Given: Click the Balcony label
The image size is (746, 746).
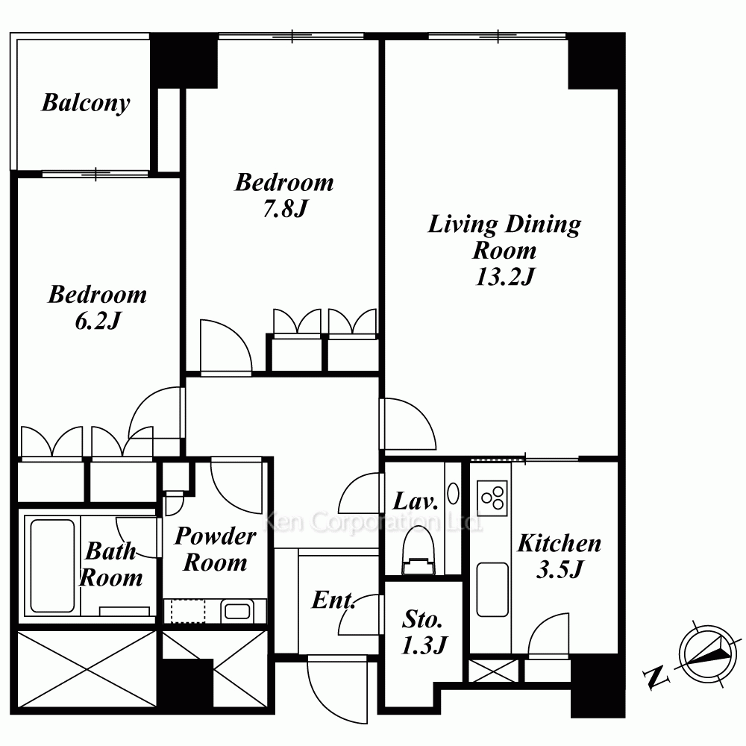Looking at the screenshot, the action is click(86, 103).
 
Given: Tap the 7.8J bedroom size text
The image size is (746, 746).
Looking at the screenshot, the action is click(285, 208).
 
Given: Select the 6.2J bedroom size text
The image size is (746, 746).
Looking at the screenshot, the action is click(98, 321).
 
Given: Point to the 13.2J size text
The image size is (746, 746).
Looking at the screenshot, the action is click(505, 277).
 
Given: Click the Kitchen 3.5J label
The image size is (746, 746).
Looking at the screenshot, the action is click(559, 556).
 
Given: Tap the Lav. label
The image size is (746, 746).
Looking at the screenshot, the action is click(416, 501).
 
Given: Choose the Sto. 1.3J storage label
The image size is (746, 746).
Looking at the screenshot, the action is click(424, 633).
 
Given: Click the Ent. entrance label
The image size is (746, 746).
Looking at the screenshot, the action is click(333, 600).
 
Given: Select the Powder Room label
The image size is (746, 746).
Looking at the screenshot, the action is click(216, 549).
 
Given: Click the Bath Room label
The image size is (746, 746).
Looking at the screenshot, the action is click(111, 565).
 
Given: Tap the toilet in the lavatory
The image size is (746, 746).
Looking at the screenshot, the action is click(419, 551).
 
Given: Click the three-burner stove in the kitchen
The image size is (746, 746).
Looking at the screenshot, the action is click(492, 495).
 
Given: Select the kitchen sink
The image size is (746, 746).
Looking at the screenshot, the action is click(492, 589).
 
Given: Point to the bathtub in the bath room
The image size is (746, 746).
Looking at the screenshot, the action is click(52, 565).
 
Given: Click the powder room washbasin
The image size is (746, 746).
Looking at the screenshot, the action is click(237, 611).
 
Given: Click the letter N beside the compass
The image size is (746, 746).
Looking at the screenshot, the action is click(656, 677).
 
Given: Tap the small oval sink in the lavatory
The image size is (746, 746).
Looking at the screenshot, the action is click(454, 494).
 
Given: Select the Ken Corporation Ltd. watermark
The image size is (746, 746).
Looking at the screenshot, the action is click(372, 522).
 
